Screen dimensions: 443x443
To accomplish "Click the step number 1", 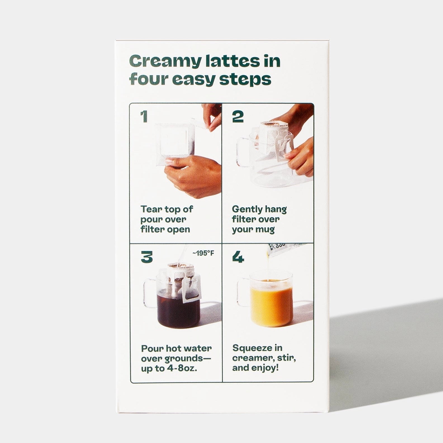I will (x=144, y=117).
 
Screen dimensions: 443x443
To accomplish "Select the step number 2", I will (x=238, y=117).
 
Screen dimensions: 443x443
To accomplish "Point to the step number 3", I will (x=147, y=257).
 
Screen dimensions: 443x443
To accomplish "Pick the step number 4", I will (x=238, y=257).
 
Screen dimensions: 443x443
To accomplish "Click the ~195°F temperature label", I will (x=203, y=254).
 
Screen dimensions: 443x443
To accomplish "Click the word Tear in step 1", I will (x=151, y=209).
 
